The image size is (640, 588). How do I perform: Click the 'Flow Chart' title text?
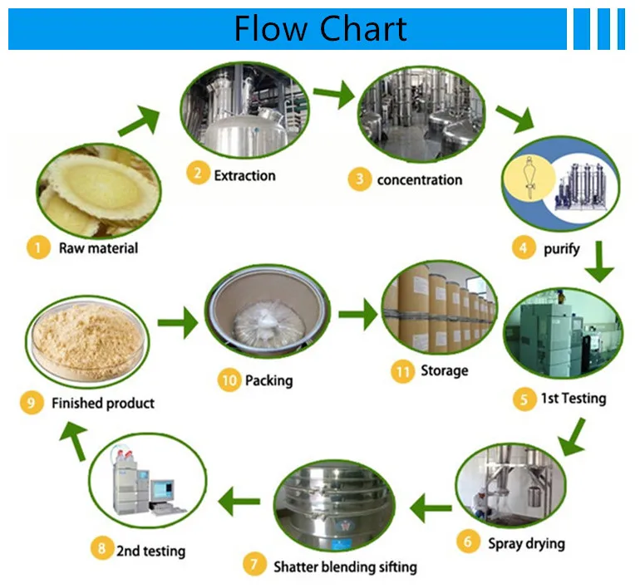click(320, 29)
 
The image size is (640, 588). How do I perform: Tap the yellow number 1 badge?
click(37, 247)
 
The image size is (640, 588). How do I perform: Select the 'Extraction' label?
click(244, 175)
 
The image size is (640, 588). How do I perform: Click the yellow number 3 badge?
click(359, 179)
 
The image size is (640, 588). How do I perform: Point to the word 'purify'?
click(561, 247)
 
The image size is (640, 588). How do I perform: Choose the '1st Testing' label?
click(574, 399)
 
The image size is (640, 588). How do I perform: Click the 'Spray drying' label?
click(526, 543)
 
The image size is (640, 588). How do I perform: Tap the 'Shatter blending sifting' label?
click(345, 567)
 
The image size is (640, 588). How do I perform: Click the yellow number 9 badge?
click(31, 404)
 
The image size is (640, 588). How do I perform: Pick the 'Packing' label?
click(268, 381)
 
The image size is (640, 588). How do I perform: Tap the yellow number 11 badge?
click(403, 371)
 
